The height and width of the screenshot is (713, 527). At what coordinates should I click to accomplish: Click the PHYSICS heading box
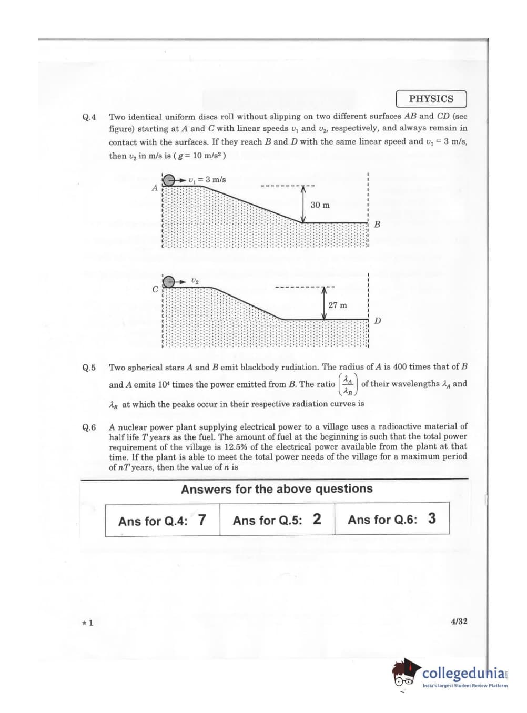click(431, 99)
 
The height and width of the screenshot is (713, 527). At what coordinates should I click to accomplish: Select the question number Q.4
click(89, 117)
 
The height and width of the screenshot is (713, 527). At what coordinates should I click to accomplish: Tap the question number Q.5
click(89, 368)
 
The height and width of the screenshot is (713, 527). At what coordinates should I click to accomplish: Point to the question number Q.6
click(89, 427)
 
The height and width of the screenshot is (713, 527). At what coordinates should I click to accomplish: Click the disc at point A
click(169, 180)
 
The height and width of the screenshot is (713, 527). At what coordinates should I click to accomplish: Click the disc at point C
click(169, 282)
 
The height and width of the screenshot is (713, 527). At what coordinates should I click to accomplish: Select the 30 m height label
click(320, 205)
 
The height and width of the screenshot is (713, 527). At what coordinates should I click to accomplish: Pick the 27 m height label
click(337, 305)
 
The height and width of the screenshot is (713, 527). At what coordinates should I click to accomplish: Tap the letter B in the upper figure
click(377, 225)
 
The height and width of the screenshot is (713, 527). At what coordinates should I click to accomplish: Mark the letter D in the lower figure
click(378, 321)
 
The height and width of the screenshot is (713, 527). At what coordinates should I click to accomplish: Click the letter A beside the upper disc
click(155, 188)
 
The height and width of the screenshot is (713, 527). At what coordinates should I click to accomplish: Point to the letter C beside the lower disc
click(155, 289)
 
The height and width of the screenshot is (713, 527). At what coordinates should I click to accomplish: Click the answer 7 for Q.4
click(202, 520)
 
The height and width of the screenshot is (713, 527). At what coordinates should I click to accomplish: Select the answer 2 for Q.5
click(317, 519)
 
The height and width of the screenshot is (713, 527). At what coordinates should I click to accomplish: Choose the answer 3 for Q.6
click(432, 518)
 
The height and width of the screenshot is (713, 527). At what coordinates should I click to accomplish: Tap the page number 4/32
click(459, 621)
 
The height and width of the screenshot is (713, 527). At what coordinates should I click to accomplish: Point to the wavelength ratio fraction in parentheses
click(347, 384)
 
